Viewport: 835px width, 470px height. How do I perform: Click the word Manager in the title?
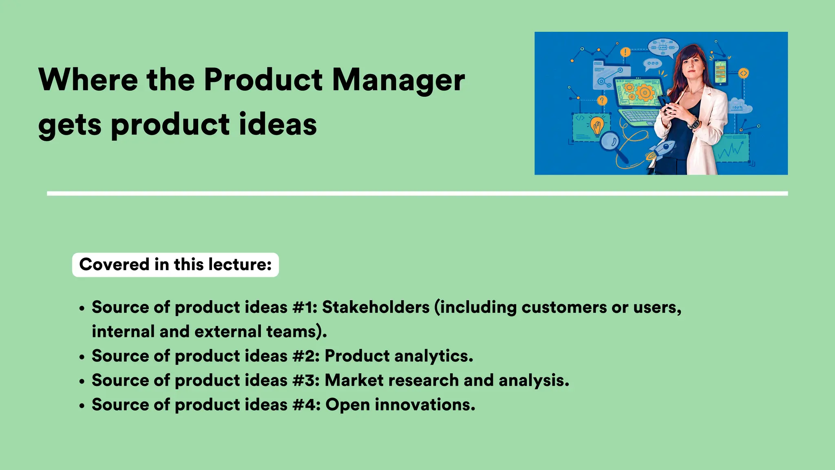point(398,80)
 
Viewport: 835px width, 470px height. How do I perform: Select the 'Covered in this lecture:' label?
point(175,265)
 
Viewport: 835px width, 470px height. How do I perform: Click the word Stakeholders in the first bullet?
point(376,307)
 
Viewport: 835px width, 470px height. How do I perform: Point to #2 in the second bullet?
point(305,356)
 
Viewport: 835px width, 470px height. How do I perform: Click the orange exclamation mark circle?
point(625,52)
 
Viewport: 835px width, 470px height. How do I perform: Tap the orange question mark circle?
point(602,100)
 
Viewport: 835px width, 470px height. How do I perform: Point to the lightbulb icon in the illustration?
point(597,125)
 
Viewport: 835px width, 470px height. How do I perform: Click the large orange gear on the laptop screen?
point(645,93)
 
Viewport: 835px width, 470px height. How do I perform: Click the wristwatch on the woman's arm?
point(694,122)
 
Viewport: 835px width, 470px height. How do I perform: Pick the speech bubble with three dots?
point(652,64)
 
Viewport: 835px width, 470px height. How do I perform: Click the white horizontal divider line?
point(417,193)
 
